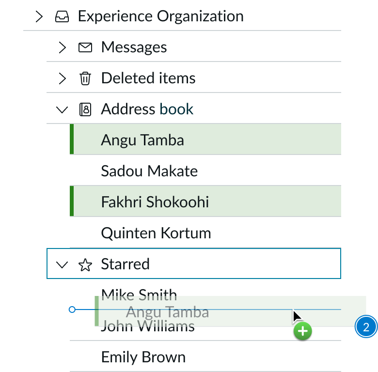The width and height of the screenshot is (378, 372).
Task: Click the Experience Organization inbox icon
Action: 62,16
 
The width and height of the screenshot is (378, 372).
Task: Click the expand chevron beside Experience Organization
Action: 39,16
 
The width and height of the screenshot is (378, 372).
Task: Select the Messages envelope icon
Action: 85,47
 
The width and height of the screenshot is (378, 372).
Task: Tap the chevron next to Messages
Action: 62,47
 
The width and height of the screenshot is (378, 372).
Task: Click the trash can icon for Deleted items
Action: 85,78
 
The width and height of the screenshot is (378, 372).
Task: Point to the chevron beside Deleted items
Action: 62,78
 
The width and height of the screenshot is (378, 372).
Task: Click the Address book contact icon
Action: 85,109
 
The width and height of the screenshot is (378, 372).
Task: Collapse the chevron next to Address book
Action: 62,110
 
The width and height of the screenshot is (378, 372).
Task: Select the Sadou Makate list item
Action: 149,171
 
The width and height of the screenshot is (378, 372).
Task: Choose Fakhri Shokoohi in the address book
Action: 155,201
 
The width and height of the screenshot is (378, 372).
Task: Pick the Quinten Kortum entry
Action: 156,233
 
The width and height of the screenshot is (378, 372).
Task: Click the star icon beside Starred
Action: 85,264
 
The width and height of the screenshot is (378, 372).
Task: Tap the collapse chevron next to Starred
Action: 62,264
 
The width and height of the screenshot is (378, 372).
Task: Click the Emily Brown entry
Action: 143,357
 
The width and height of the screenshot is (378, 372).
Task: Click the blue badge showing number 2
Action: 366,327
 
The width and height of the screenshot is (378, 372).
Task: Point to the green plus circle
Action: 302,332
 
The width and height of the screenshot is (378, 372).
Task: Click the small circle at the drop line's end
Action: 72,309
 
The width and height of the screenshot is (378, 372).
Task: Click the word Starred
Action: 125,264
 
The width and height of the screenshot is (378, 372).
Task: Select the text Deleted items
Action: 148,78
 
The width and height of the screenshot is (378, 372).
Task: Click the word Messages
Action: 134,47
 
